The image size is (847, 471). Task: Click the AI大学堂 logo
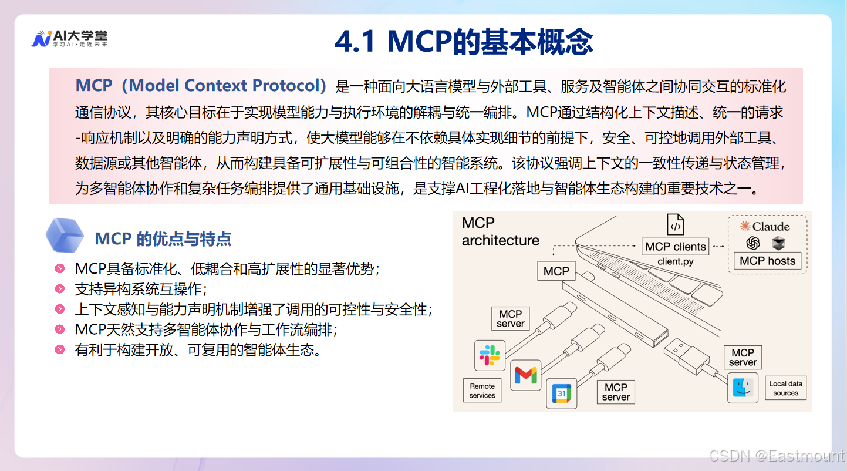69,39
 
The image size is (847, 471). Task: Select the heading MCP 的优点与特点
163,239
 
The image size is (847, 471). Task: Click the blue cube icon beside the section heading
66,235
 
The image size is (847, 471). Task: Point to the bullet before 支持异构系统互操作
59,289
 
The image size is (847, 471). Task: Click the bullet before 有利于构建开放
59,350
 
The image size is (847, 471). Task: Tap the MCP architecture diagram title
500,231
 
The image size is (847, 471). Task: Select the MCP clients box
675,247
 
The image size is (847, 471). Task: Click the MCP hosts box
767,261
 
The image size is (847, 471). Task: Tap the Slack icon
490,355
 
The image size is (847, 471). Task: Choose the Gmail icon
525,375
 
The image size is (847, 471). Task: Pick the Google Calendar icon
561,393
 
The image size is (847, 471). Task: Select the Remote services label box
482,391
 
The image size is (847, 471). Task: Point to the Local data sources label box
785,388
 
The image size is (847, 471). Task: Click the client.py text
675,261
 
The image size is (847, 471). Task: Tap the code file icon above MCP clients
675,225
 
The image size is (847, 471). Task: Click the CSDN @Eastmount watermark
776,456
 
